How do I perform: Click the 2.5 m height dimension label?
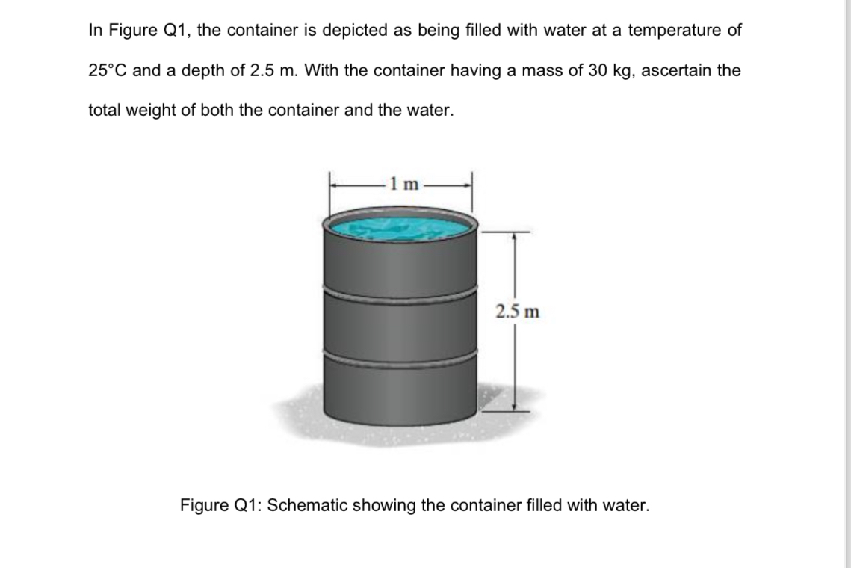[x=516, y=310]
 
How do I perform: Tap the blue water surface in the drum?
[x=401, y=226]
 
